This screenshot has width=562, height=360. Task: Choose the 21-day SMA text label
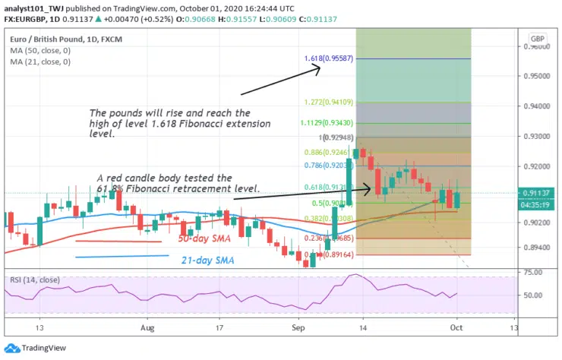click(207, 261)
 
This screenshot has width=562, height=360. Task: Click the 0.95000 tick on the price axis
click(539, 76)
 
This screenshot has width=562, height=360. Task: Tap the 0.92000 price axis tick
click(539, 166)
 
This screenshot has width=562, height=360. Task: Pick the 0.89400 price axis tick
click(539, 248)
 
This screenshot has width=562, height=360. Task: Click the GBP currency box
click(538, 38)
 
